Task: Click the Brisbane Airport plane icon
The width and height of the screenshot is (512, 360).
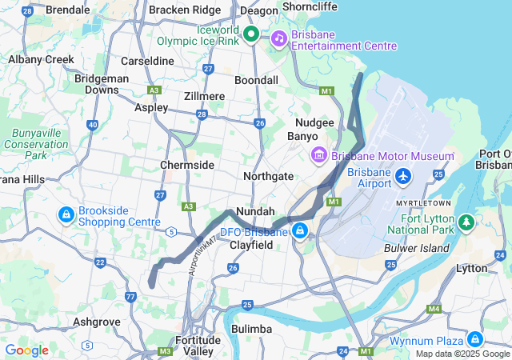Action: click(x=403, y=174)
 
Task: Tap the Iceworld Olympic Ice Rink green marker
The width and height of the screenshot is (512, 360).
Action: click(x=250, y=34)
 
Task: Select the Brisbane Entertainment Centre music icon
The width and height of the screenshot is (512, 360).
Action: click(x=278, y=38)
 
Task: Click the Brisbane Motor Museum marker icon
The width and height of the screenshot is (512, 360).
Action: click(x=319, y=154)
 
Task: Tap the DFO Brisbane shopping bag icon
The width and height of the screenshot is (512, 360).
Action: click(x=300, y=231)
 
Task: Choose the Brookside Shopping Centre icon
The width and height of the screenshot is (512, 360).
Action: click(x=66, y=214)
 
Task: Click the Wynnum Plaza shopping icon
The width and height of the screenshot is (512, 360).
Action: click(x=475, y=339)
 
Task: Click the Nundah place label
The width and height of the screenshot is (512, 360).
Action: click(x=255, y=211)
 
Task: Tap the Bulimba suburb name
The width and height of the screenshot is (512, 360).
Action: click(x=251, y=329)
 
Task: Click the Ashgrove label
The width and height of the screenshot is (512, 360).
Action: click(x=96, y=322)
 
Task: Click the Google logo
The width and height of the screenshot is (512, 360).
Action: click(x=26, y=350)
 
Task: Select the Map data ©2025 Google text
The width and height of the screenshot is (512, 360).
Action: click(x=462, y=354)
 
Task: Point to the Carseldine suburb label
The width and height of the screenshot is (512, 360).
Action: click(x=147, y=61)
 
